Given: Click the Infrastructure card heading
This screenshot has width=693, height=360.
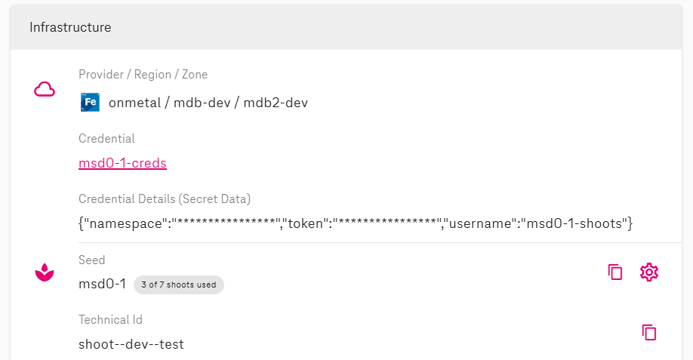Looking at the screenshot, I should (70, 28).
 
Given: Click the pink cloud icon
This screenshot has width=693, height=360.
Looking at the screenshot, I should (45, 90).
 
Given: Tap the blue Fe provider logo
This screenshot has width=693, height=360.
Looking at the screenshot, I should (90, 103).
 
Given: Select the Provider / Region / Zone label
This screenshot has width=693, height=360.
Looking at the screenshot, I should (143, 75).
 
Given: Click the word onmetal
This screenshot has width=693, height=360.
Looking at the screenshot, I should (134, 103).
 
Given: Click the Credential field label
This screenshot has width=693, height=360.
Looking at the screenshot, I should (106, 139).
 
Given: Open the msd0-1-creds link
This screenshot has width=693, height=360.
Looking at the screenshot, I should (122, 163).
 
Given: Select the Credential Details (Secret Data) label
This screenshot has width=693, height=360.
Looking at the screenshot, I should (165, 199).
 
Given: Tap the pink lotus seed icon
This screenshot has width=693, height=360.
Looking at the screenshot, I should (45, 272).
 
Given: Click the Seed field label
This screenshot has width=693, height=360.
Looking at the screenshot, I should (92, 260).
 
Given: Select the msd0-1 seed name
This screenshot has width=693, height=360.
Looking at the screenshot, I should (102, 285).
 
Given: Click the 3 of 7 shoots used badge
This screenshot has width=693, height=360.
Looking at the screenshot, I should (179, 285).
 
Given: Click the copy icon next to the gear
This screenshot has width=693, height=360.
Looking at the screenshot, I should (615, 272).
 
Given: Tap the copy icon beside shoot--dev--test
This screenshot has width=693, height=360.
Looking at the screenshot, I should (648, 332).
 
